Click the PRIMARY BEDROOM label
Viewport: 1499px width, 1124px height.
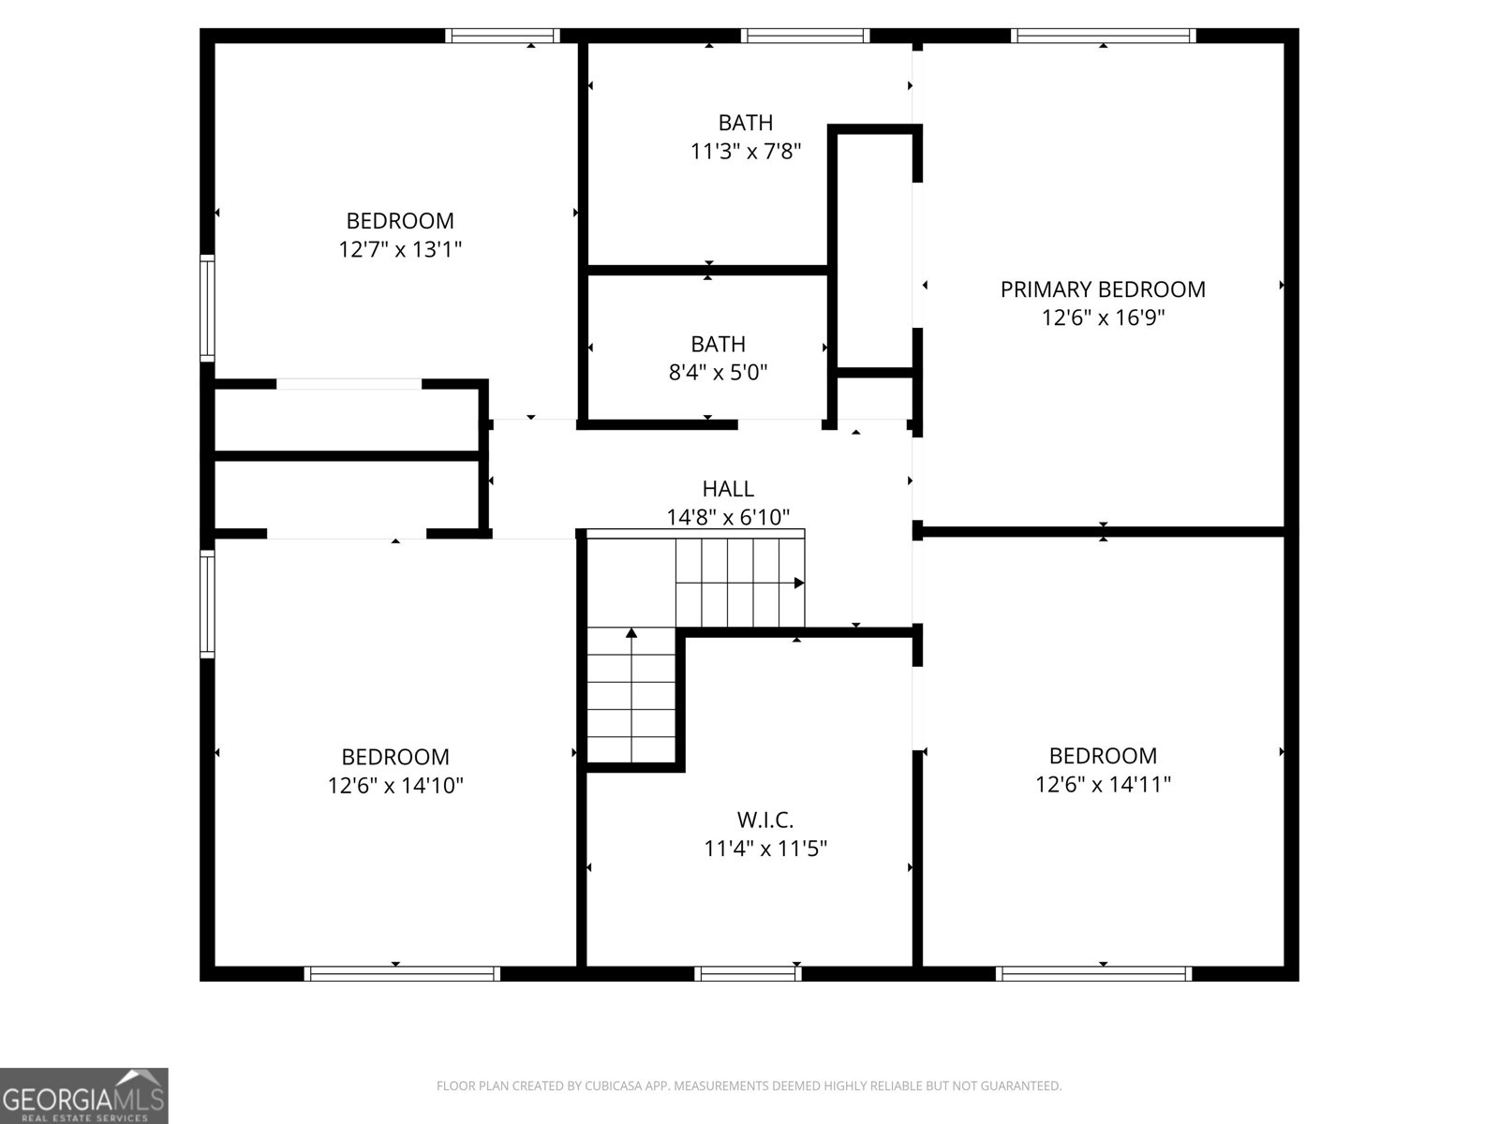pos(1102,289)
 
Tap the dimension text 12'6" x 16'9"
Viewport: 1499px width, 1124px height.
pos(1102,318)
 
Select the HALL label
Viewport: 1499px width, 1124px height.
pos(728,489)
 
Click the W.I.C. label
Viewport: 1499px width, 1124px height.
pos(764,819)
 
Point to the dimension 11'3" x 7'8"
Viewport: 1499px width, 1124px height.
pos(745,151)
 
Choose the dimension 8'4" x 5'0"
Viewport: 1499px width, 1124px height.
pos(718,373)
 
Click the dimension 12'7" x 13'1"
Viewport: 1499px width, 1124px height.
pos(400,250)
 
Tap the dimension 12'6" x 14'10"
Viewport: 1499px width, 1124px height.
pos(395,786)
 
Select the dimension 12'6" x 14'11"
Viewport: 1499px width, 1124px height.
pos(1102,785)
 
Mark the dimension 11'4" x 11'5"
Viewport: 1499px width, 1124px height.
pos(764,849)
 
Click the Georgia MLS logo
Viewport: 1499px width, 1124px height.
pos(84,1095)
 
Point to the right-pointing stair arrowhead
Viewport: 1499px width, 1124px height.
pos(799,583)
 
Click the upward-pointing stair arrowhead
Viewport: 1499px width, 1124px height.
pos(631,633)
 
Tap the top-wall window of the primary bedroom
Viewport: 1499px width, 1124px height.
pos(1103,36)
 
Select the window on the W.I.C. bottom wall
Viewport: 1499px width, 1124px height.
pos(748,974)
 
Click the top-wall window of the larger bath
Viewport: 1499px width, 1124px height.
pos(805,36)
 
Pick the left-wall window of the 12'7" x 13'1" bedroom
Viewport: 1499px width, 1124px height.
pos(207,308)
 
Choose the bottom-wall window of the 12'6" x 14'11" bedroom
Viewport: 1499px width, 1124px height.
pos(1093,974)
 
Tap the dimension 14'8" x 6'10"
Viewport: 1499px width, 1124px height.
pos(728,517)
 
